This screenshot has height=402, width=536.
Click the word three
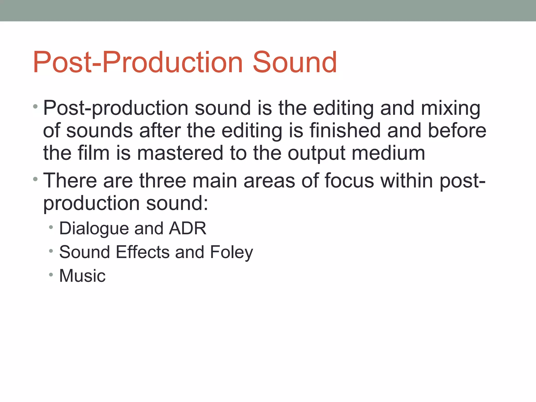163,180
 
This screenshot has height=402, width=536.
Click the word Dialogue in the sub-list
94,229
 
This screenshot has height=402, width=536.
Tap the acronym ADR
188,228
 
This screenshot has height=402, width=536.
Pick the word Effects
143,252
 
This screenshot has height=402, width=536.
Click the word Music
82,276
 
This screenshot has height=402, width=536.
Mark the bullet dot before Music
51,275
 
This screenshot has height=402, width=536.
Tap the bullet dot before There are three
35,180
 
